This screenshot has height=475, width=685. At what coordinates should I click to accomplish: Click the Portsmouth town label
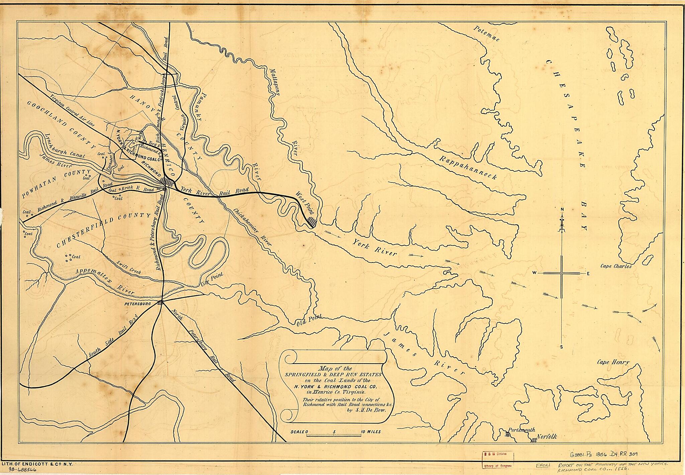click(x=521, y=430)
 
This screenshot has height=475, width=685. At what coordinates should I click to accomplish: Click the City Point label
click(x=212, y=279)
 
